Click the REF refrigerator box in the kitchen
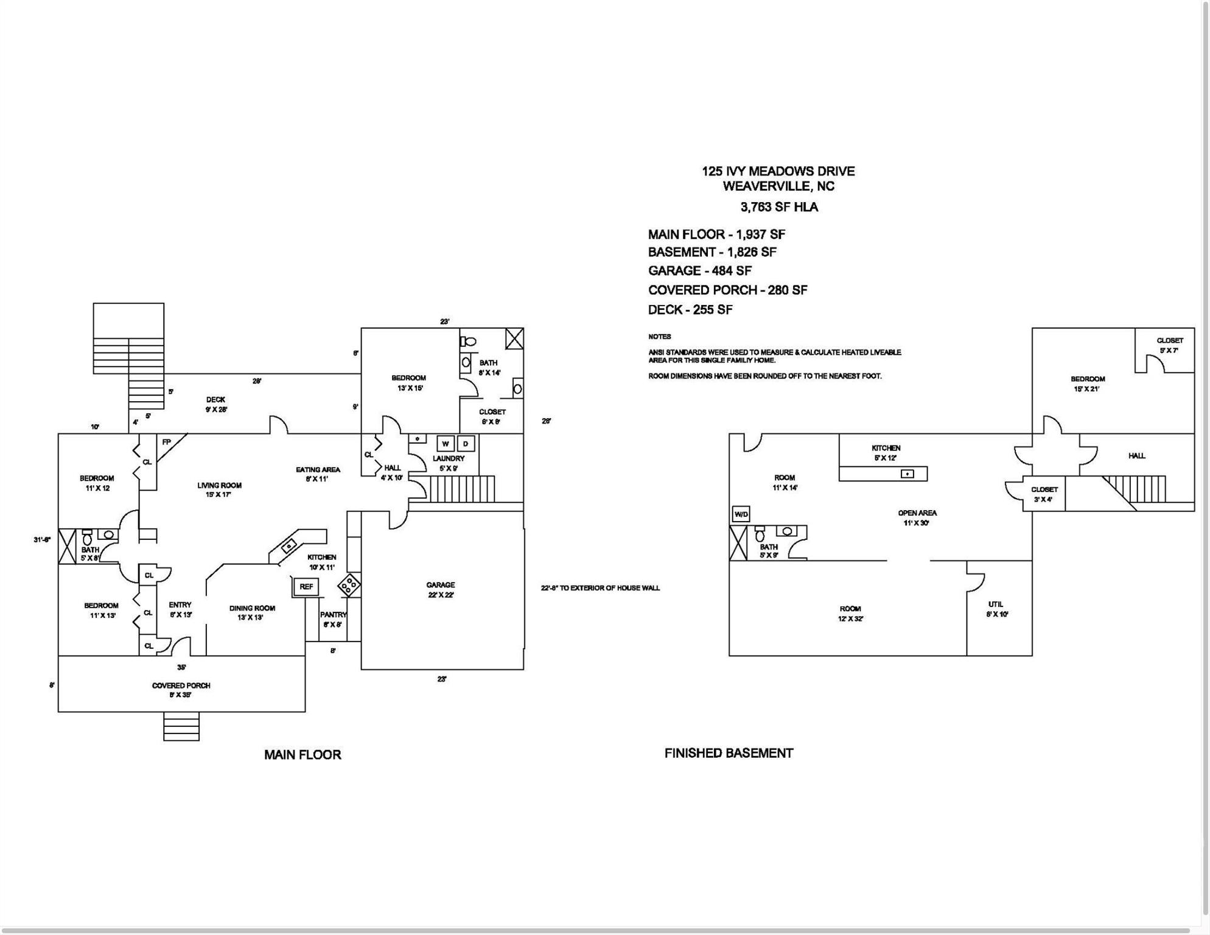(x=306, y=587)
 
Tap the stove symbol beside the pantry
(x=349, y=586)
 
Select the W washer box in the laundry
(x=446, y=444)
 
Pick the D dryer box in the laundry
(x=466, y=444)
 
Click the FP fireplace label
(x=166, y=442)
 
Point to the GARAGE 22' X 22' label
(x=441, y=590)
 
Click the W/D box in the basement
(x=741, y=514)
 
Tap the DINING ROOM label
(x=252, y=609)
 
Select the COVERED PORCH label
(x=181, y=686)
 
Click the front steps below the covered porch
(x=181, y=727)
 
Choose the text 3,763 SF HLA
(x=779, y=207)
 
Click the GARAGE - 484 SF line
(x=700, y=271)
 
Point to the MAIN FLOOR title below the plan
(x=302, y=755)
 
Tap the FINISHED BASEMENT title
(x=729, y=754)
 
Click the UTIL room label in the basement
(x=996, y=604)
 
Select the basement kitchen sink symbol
(x=907, y=474)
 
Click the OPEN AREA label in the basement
(x=917, y=513)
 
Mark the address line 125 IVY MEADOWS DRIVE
(x=778, y=172)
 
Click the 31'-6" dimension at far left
(x=42, y=539)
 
